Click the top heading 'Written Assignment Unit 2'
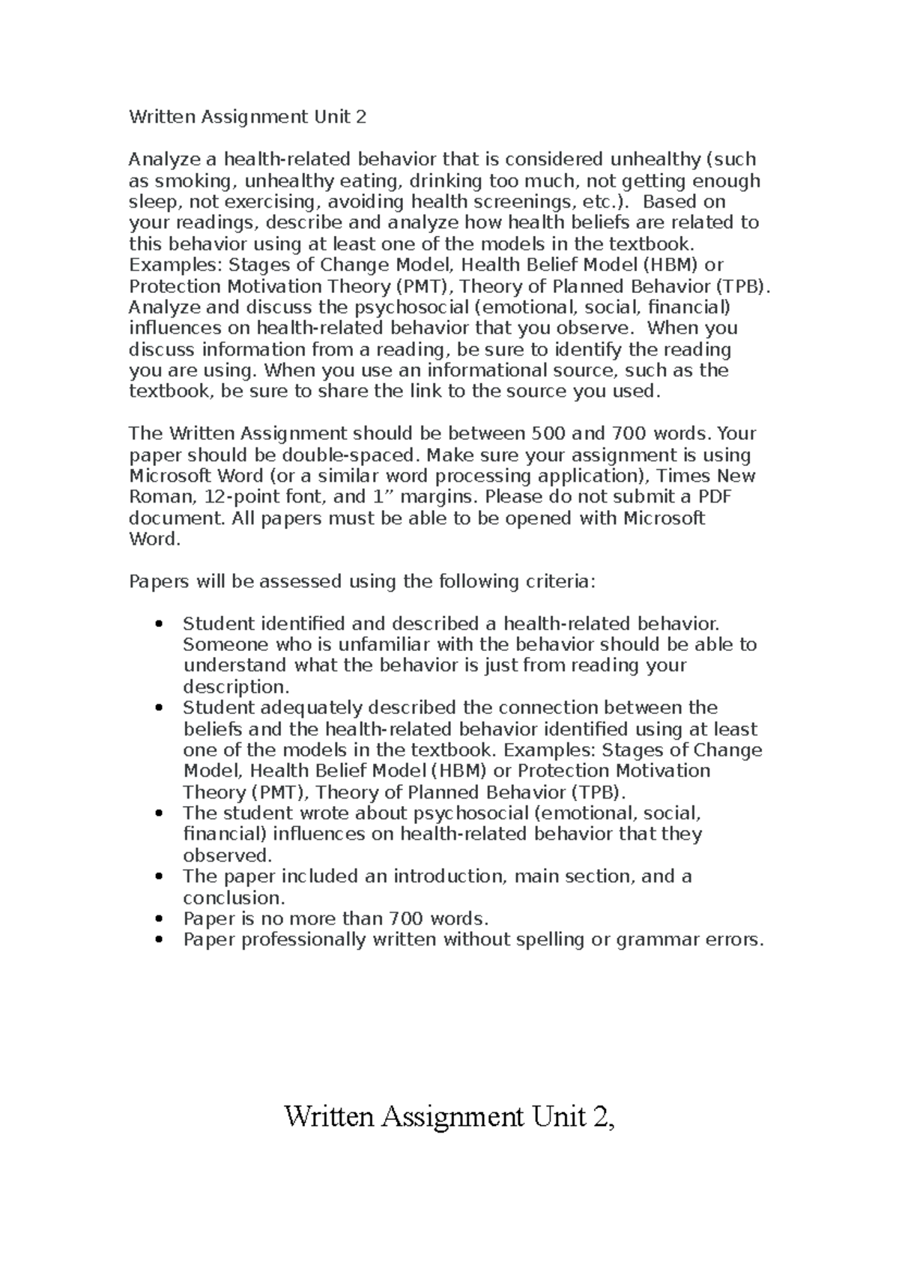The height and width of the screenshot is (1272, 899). (247, 117)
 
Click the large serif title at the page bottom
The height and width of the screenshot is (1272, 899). (449, 1117)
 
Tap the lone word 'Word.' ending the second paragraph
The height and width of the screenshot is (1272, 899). (155, 539)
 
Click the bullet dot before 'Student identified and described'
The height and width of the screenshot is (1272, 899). (157, 625)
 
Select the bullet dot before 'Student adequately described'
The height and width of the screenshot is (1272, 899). (157, 709)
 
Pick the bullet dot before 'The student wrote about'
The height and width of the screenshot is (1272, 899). (157, 814)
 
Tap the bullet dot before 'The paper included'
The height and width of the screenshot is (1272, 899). (157, 877)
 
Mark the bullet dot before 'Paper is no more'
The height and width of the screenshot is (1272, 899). (157, 919)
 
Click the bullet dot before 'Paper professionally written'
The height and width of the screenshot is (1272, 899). (157, 940)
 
